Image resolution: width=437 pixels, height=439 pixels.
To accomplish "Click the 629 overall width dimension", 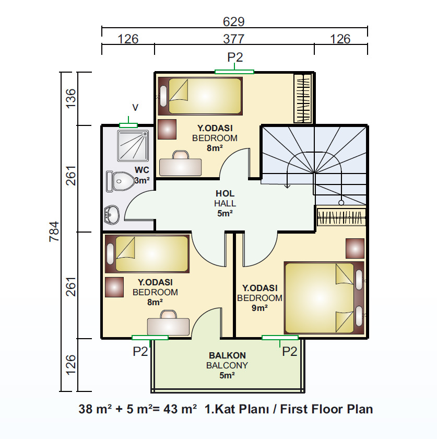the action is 233,21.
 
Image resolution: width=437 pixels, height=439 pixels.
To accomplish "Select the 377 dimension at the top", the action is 234,39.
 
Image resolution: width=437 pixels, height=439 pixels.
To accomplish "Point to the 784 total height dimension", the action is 54,232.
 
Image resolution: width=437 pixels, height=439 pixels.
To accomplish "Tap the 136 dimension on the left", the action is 70,98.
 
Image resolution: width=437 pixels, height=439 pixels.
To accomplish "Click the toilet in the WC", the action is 120,181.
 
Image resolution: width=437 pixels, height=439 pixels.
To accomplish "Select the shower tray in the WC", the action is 133,146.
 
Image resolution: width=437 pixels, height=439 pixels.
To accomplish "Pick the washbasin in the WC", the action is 112,215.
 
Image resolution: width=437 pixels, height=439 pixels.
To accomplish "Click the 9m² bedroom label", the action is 259,298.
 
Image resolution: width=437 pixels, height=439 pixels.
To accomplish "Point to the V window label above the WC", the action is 135,108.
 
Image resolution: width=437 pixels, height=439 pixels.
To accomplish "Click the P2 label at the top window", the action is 235,57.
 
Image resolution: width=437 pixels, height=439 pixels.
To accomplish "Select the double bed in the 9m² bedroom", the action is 324,298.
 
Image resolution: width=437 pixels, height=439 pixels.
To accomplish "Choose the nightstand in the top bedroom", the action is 167,130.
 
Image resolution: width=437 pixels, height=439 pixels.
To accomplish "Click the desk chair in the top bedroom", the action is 181,155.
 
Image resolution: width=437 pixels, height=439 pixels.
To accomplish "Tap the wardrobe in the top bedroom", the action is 303,98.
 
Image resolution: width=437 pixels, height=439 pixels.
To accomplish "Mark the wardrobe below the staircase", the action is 341,217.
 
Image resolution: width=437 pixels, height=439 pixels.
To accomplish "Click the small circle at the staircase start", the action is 341,203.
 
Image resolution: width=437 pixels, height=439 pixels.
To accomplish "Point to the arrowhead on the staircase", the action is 287,186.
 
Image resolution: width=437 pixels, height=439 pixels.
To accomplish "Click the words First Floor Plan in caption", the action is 326,409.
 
